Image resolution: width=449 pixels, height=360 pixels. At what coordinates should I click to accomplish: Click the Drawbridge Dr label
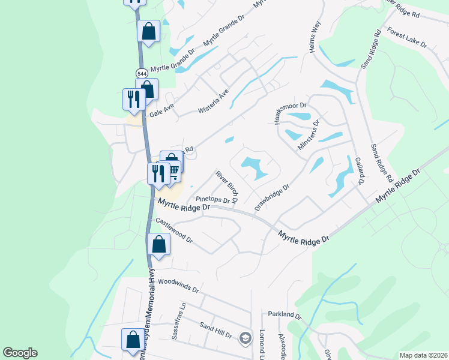tap(272, 197)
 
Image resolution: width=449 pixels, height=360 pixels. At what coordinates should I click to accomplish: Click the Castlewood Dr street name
tap(174, 230)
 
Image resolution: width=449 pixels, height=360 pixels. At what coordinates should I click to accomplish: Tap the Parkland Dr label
tap(284, 314)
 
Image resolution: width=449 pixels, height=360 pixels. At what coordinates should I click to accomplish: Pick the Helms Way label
tap(316, 38)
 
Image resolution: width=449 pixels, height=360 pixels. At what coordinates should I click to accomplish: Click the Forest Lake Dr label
tap(406, 37)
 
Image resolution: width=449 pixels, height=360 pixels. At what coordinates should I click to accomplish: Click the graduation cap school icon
tap(245, 338)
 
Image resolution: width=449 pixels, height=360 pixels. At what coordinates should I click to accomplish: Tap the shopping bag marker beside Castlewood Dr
tap(159, 244)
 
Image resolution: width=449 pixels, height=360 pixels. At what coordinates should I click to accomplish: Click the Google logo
tap(20, 352)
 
